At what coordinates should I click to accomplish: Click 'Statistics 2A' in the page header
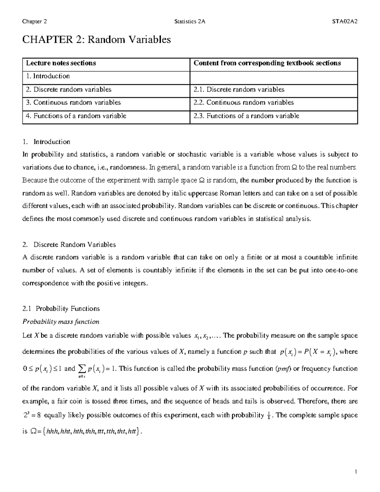(x=190, y=22)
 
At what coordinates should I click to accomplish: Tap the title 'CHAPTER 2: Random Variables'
(x=97, y=40)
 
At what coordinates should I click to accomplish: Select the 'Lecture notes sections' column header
(x=61, y=63)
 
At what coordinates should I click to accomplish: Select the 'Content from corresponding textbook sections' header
(x=267, y=63)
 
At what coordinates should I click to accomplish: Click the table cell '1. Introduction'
(x=48, y=76)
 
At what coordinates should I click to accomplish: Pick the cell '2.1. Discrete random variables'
(x=239, y=89)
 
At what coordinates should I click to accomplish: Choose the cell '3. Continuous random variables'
(x=73, y=102)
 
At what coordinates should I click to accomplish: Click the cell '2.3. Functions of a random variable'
(x=246, y=116)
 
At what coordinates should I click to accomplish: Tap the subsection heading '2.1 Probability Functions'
(x=61, y=309)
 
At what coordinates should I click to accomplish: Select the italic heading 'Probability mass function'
(x=61, y=322)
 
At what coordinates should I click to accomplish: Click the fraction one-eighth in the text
(x=269, y=416)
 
